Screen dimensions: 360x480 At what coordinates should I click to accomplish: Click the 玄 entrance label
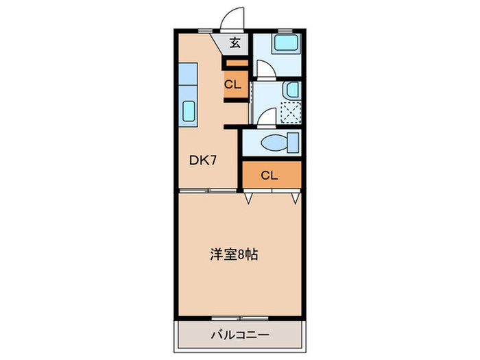(235, 44)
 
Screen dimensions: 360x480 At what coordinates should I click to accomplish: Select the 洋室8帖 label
(233, 254)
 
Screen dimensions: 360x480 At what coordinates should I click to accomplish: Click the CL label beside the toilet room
(269, 176)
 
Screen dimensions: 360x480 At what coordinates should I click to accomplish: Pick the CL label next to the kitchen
(232, 86)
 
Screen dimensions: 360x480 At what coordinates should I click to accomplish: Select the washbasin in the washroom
(291, 90)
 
